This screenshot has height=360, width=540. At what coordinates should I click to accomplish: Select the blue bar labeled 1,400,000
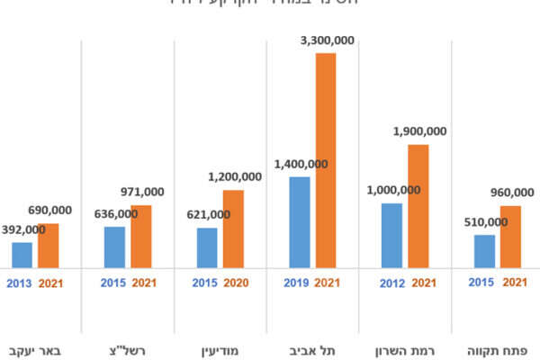(299, 222)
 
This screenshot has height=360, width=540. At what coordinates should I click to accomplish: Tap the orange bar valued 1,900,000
(418, 206)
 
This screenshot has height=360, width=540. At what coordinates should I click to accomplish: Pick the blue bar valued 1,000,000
(391, 236)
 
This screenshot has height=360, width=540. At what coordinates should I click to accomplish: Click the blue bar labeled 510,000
(484, 251)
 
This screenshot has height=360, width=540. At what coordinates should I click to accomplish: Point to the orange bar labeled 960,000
(510, 237)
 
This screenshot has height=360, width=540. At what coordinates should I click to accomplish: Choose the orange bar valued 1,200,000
(233, 229)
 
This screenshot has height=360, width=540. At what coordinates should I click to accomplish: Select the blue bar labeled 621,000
(207, 247)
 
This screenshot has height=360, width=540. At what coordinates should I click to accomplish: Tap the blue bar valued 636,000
(114, 247)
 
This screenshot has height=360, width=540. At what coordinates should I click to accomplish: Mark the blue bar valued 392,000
(22, 255)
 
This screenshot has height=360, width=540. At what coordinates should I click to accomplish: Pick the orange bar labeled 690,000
(48, 245)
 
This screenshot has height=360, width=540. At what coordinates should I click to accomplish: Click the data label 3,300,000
(325, 40)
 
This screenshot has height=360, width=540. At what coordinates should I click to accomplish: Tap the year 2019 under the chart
(297, 283)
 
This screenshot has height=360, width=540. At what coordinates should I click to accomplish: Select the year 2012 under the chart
(391, 283)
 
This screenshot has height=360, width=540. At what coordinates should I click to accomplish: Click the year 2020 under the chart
(236, 283)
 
